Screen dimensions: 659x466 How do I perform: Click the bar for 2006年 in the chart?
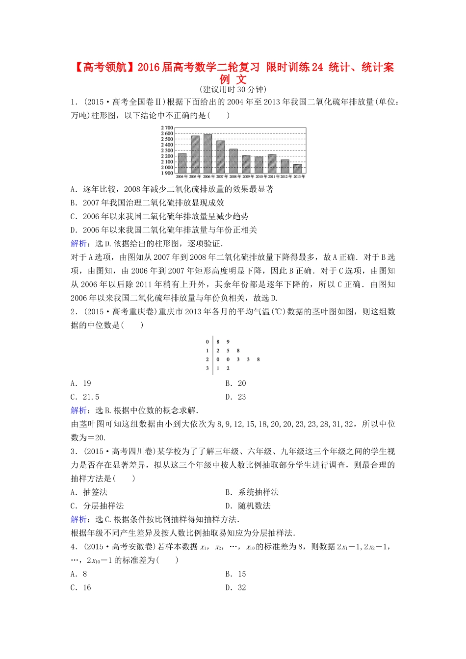[x=207, y=153]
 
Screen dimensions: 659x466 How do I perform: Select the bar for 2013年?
[x=297, y=169]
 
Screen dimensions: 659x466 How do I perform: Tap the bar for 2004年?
[x=182, y=163]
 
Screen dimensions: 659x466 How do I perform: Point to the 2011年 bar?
[x=272, y=164]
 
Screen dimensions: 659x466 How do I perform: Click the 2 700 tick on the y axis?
[x=167, y=128]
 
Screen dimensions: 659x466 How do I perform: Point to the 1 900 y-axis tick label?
[x=167, y=173]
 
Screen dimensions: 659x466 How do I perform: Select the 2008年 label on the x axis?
[x=233, y=177]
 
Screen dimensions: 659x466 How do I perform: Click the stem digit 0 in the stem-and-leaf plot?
[x=207, y=342]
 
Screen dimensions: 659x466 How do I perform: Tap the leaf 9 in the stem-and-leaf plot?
[x=228, y=342]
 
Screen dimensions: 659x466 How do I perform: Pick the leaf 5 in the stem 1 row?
[x=228, y=351]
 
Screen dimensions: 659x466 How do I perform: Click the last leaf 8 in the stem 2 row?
[x=259, y=359]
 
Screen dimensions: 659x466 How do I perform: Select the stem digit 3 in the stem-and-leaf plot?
[x=207, y=368]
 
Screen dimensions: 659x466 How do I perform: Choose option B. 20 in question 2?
[x=235, y=383]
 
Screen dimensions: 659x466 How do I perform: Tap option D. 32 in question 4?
[x=235, y=588]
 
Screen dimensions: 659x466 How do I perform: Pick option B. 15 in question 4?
[x=235, y=574]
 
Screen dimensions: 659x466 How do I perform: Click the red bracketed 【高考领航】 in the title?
[x=104, y=67]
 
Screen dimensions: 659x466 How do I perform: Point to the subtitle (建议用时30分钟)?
[x=233, y=89]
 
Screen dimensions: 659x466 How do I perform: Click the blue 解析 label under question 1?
[x=79, y=244]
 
